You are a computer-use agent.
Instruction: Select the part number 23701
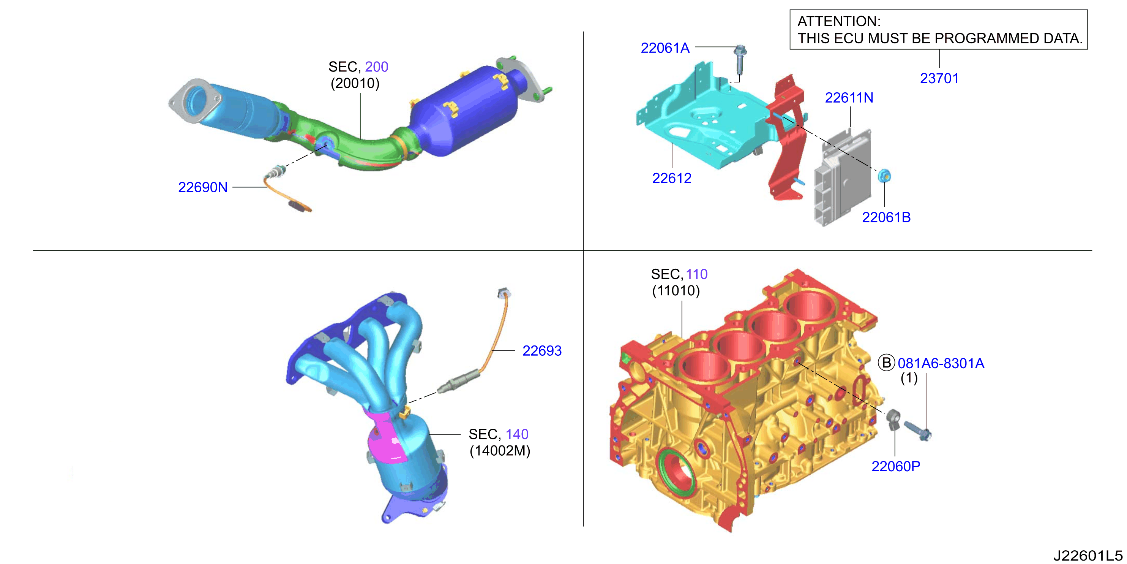939,78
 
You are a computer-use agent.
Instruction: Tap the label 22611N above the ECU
849,98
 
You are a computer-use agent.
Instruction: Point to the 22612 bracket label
672,178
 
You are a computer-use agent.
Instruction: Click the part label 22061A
665,48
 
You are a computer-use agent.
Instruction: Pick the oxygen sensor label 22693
542,351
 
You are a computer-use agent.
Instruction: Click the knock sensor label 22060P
895,466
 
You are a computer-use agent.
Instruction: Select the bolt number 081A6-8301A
941,363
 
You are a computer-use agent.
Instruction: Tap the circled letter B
887,363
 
